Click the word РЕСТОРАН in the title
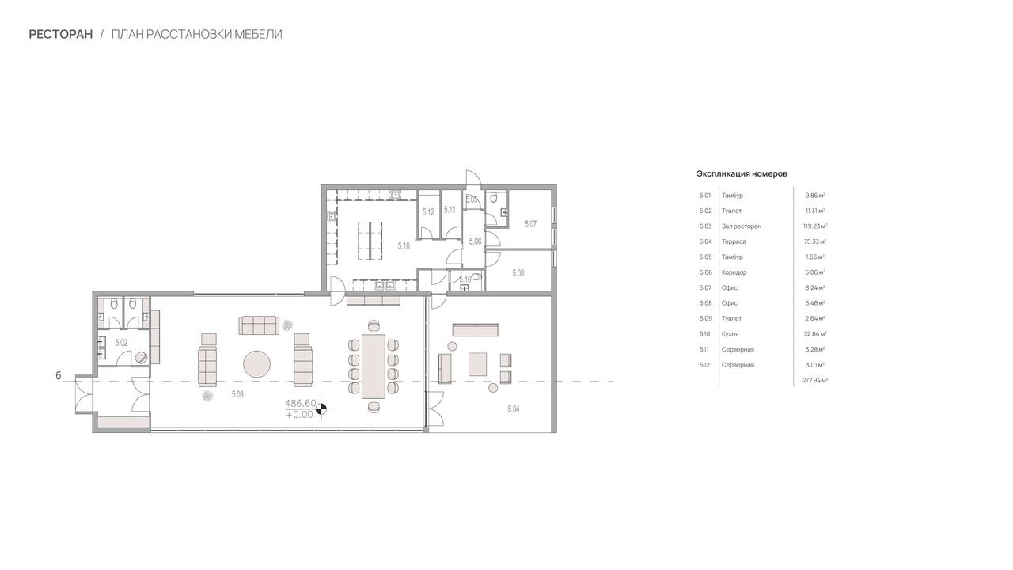61,34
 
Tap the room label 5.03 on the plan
237,394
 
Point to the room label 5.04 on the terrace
514,409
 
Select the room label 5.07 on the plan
530,224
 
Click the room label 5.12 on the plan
428,211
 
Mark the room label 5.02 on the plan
121,343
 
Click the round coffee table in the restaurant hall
257,364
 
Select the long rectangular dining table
374,367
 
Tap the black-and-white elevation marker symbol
321,409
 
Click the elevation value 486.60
301,404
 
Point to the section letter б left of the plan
58,376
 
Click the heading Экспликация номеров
742,173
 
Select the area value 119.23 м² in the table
815,226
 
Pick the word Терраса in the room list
734,241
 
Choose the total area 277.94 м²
815,381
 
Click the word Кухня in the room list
730,334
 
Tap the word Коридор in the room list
734,272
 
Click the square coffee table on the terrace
477,365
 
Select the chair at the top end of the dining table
374,325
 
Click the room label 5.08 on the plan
518,273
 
